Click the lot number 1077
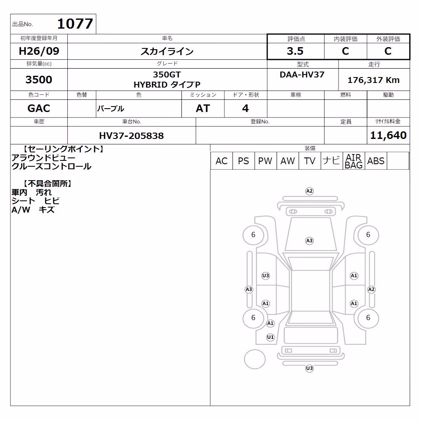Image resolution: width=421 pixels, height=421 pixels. coord(75,24)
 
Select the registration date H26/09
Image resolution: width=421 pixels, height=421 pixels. coord(39,51)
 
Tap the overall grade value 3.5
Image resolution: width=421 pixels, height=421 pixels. coord(295,51)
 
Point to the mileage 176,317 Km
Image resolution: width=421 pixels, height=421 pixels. coord(373,80)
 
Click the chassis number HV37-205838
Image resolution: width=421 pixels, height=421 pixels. coord(131,136)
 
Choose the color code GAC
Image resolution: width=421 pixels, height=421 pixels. coord(39,109)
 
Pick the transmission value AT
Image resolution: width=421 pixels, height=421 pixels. coord(203,109)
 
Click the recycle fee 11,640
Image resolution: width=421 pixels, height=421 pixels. coord(388,135)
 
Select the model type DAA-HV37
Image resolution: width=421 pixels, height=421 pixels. coord(302,75)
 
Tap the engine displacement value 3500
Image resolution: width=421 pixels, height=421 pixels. coord(39,80)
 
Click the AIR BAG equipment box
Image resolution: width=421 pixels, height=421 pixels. coord(354,161)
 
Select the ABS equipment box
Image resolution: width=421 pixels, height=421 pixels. coord(376,161)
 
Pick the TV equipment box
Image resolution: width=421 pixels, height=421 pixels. coord(309,161)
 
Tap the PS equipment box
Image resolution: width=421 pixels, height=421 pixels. coord(243,161)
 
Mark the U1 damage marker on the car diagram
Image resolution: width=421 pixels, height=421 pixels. coord(270,337)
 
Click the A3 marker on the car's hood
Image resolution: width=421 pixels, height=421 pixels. coord(309,241)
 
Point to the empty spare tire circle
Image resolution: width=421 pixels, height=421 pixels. coord(255,359)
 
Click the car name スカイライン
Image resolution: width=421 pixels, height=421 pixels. coord(167,51)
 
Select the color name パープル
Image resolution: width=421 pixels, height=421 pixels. coord(111,109)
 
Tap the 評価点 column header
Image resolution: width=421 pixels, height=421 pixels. coord(296,39)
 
